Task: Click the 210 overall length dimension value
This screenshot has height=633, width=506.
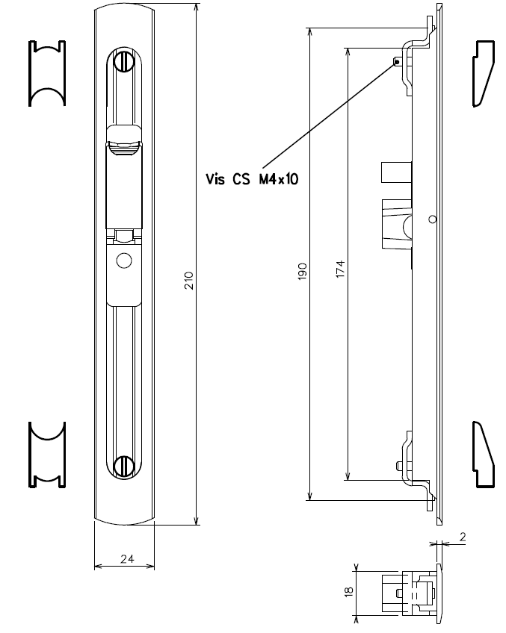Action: [x=189, y=281]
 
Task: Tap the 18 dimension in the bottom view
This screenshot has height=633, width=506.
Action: [x=348, y=592]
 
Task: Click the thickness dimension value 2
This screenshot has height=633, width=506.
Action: [x=463, y=537]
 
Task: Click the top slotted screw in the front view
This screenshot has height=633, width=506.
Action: [x=124, y=63]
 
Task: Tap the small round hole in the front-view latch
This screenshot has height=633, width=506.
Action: [x=124, y=261]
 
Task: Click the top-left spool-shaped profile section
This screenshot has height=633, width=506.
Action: [x=46, y=74]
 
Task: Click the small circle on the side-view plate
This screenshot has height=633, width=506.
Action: [x=432, y=219]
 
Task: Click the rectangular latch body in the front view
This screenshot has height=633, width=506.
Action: [x=124, y=187]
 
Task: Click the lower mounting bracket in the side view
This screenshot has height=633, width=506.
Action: [x=415, y=467]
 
